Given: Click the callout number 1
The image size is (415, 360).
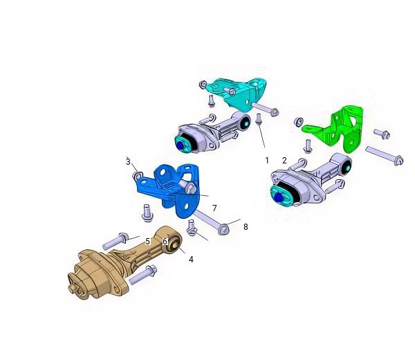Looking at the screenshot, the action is [267, 160].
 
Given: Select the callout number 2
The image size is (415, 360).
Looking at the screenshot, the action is [284, 160].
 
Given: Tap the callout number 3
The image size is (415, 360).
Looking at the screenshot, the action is [128, 161].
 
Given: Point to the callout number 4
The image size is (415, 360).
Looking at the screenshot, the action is [191, 260].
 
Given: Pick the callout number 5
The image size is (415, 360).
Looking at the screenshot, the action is [148, 242].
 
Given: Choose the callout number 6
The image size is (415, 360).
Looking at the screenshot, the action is [165, 242].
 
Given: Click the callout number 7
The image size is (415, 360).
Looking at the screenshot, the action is [214, 208].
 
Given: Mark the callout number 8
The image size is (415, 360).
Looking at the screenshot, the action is [246, 227].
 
